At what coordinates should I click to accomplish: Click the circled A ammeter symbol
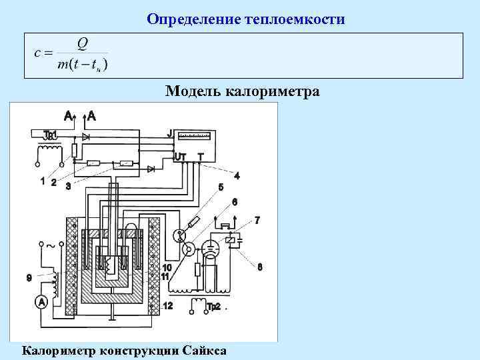point(41,302)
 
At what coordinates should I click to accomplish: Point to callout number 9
point(28,277)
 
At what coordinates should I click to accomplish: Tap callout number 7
point(257,219)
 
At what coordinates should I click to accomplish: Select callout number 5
point(221,187)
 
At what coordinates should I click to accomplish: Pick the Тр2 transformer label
point(214,307)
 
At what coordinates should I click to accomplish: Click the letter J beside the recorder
point(170,134)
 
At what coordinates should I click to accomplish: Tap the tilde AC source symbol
point(51,246)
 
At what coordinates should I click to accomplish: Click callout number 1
point(43,181)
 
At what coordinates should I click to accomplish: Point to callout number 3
point(68,186)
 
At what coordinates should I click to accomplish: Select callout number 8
point(259,267)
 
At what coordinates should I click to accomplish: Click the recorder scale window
point(196,137)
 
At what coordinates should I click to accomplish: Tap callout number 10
point(167,267)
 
